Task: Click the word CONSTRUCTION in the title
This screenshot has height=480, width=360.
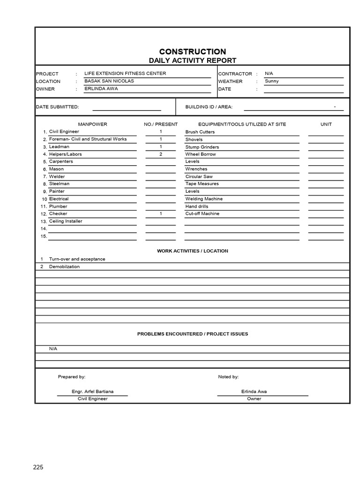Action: coord(192,52)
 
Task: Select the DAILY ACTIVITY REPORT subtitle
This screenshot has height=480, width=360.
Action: coord(192,60)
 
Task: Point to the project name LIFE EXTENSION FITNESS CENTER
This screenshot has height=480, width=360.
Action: coord(125,74)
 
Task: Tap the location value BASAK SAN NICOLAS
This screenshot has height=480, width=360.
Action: coord(109,81)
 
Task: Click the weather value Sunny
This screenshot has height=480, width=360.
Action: coord(271,81)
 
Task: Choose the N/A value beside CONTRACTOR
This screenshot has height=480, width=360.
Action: coord(269,74)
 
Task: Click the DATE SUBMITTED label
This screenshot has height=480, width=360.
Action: coord(58,107)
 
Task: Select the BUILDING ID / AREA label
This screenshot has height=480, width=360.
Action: coord(209,107)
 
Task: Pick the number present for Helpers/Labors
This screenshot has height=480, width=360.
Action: coord(160,154)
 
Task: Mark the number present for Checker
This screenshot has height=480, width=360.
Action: coord(160,214)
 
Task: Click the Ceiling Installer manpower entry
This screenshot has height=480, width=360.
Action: coord(66,221)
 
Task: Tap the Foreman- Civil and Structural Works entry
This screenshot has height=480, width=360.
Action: coord(88,139)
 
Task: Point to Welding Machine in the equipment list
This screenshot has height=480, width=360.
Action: coord(204,199)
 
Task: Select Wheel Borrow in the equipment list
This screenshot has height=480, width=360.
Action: coord(201,154)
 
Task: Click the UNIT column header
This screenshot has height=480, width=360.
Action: coord(326,124)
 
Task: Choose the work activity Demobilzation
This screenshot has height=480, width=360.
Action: coord(64,267)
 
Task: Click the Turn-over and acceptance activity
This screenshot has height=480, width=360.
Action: coord(77,259)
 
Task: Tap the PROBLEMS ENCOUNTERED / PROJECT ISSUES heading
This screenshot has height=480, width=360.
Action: coord(192,334)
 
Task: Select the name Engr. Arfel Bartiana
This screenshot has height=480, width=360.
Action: coord(92,391)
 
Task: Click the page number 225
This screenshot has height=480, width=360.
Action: coord(38,467)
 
